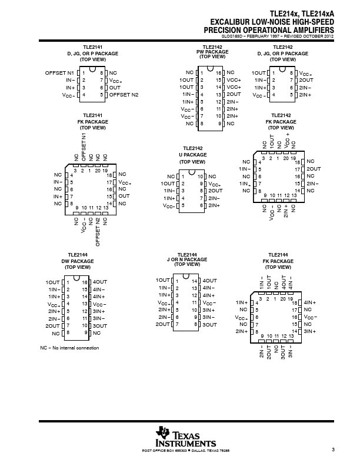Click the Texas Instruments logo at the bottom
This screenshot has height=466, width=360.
[186, 436]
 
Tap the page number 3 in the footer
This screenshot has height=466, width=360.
[333, 450]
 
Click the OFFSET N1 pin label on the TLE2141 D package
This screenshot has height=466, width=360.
[59, 72]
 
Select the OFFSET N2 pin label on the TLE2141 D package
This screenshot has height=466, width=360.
[124, 94]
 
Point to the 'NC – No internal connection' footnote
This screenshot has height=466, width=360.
[69, 348]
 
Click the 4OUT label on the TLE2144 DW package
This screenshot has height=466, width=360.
[100, 282]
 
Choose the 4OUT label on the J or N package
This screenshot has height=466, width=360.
[209, 280]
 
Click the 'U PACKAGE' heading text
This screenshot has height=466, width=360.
[192, 155]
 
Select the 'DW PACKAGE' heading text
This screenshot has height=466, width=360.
[78, 260]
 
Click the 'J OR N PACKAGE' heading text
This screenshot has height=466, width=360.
[191, 261]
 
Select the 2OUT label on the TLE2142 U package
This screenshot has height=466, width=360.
[215, 191]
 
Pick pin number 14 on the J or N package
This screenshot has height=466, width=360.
[194, 280]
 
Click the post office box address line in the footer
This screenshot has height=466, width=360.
[186, 451]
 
